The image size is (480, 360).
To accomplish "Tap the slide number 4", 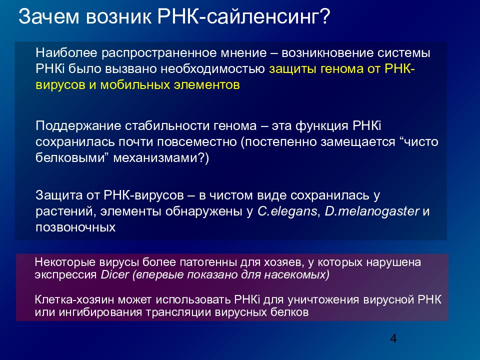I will point(393,339).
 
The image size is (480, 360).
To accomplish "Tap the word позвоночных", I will point(75,227).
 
